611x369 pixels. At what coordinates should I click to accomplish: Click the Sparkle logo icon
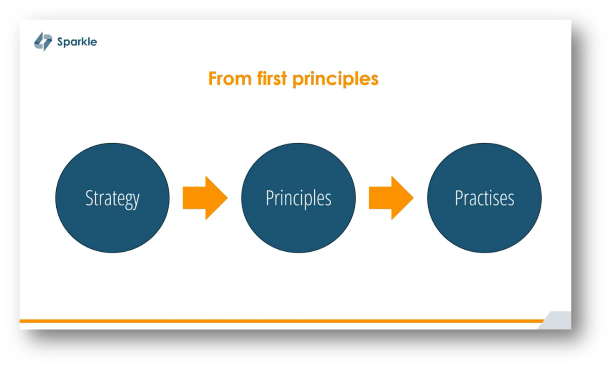click(x=43, y=41)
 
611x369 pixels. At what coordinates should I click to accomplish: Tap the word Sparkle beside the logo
click(x=77, y=42)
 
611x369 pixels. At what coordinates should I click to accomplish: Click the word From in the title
click(x=230, y=79)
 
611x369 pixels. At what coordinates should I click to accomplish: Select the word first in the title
click(x=272, y=79)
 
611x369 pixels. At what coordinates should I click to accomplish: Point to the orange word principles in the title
click(x=336, y=79)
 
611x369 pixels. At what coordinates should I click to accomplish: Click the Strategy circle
click(x=113, y=225)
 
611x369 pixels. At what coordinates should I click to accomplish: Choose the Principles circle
click(x=298, y=225)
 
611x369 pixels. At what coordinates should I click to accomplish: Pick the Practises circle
click(x=484, y=225)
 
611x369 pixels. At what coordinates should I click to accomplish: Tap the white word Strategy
click(x=113, y=198)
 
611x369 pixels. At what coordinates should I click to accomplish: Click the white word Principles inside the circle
click(x=298, y=198)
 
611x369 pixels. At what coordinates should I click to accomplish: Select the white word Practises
click(x=484, y=198)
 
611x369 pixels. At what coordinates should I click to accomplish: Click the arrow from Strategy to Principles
click(x=205, y=198)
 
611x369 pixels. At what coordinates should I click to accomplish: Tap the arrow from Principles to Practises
click(x=391, y=198)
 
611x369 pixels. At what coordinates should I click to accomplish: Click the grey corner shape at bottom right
click(x=558, y=321)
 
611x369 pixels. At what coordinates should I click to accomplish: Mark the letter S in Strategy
click(x=89, y=198)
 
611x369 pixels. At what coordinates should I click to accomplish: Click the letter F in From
click(x=213, y=79)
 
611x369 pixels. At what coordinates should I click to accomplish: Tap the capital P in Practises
click(x=459, y=198)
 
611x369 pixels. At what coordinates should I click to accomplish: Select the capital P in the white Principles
click(x=270, y=198)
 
